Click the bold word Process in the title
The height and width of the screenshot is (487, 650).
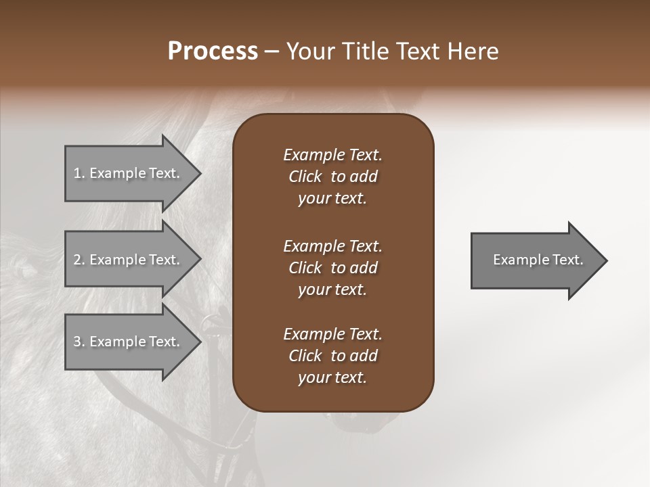(213, 51)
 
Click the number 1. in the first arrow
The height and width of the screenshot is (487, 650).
(79, 173)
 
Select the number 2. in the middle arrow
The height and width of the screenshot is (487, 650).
(79, 260)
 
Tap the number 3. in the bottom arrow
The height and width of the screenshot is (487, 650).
(79, 342)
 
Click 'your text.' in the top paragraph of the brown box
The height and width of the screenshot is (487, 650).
(332, 198)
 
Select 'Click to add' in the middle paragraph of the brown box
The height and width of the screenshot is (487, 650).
(332, 268)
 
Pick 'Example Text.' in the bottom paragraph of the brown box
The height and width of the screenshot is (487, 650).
(332, 334)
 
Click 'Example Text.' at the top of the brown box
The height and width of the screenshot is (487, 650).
(332, 155)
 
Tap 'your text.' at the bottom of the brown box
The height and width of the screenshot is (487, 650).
(332, 377)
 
